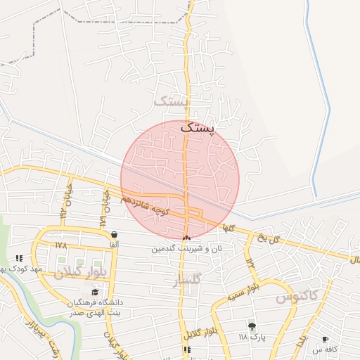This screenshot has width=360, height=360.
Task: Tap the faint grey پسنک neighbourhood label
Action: [171, 103]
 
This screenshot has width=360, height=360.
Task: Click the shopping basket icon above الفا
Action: [114, 235]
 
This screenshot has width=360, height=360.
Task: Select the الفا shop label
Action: [114, 245]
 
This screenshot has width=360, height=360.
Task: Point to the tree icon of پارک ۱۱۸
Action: [252, 326]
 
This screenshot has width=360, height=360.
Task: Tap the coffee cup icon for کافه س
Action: [325, 339]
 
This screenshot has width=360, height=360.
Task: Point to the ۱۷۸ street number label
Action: [60, 245]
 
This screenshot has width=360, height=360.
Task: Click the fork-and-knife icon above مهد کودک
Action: [19, 258]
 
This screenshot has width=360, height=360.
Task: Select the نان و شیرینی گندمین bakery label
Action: [188, 248]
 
